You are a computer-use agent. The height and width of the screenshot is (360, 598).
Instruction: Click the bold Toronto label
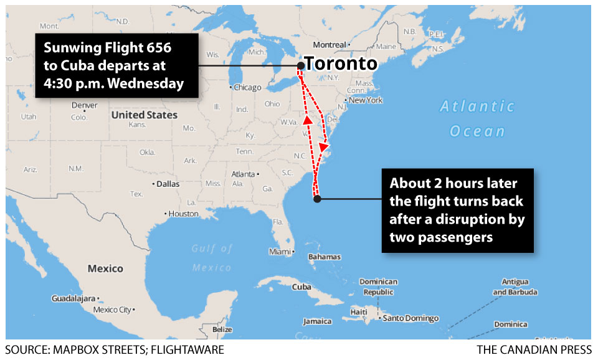pos(342,64)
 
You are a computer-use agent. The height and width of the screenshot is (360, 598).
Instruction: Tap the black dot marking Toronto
pos(301,65)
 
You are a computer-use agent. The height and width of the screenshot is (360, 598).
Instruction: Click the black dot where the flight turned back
pos(317,199)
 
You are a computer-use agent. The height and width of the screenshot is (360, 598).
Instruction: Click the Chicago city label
pos(247,88)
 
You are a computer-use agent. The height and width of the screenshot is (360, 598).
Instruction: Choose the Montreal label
pos(329,45)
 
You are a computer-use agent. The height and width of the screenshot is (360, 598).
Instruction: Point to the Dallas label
pos(168,184)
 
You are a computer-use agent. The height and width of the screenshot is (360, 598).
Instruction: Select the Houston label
pos(183,214)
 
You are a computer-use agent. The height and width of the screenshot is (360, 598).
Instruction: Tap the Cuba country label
pos(301,287)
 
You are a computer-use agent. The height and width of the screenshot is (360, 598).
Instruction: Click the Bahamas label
pos(325,257)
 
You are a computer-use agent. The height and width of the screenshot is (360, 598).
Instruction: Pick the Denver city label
pos(84,105)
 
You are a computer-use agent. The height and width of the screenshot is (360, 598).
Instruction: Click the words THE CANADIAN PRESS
pos(534,350)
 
